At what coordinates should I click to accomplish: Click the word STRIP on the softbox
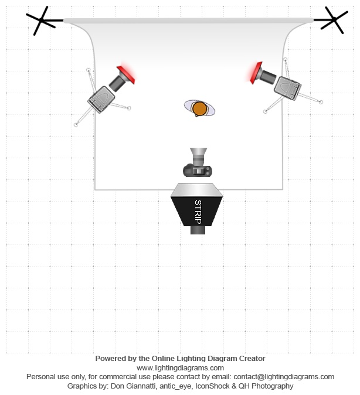pyautogui.click(x=198, y=212)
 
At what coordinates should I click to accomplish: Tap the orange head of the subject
pyautogui.click(x=199, y=108)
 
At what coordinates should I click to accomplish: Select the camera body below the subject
pyautogui.click(x=197, y=171)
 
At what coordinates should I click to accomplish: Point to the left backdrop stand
pyautogui.click(x=42, y=22)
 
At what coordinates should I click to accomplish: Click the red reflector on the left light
pyautogui.click(x=127, y=74)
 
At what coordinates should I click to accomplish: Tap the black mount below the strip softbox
pyautogui.click(x=198, y=230)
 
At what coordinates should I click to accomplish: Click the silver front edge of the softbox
pyautogui.click(x=198, y=189)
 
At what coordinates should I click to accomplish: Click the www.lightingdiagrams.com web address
pyautogui.click(x=180, y=367)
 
